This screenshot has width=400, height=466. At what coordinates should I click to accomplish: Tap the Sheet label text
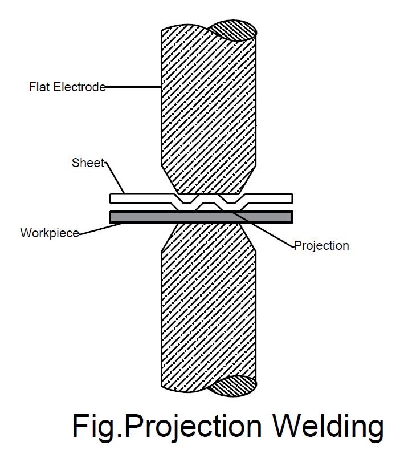coord(88,163)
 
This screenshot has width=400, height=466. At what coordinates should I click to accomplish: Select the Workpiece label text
coord(49,233)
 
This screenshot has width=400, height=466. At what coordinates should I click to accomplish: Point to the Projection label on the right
coord(321,246)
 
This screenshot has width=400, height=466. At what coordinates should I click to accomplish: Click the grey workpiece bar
coord(142,217)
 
